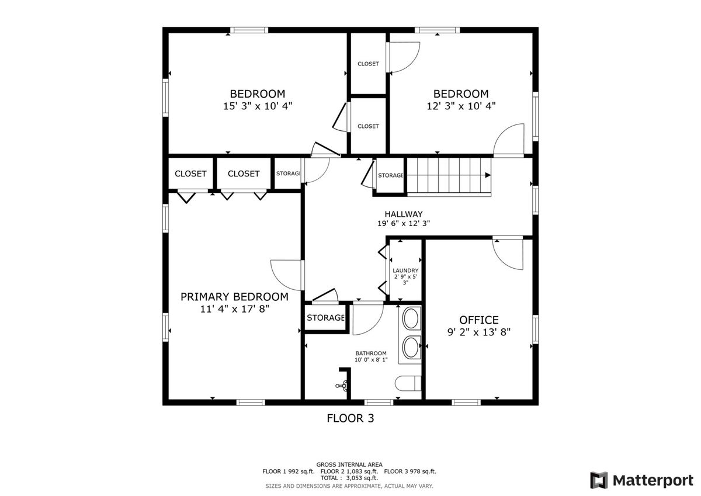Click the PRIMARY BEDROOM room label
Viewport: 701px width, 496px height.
[x=234, y=297]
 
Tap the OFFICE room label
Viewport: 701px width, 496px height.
[x=479, y=320]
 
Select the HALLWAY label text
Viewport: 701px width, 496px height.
[x=404, y=214]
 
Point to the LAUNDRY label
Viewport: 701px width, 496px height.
[x=405, y=270]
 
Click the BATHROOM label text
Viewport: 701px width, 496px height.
[x=371, y=353]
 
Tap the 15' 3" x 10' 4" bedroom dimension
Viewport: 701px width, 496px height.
[x=258, y=106]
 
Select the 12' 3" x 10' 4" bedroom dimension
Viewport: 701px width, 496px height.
[x=461, y=106]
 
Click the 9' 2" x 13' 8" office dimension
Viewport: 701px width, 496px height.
[x=479, y=332]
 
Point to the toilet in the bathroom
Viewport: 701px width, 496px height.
[x=408, y=383]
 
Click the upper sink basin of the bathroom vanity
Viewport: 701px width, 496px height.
[x=411, y=318]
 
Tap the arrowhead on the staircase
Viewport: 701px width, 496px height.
[x=488, y=175]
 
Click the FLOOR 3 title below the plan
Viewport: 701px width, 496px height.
[x=350, y=418]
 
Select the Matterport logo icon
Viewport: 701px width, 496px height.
[x=599, y=480]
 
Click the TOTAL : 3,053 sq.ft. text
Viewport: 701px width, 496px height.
[x=349, y=478]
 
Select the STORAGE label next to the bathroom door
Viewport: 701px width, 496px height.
[x=325, y=318]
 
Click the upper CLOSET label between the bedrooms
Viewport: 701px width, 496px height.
[x=368, y=64]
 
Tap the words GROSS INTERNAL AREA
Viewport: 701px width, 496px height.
[x=349, y=464]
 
